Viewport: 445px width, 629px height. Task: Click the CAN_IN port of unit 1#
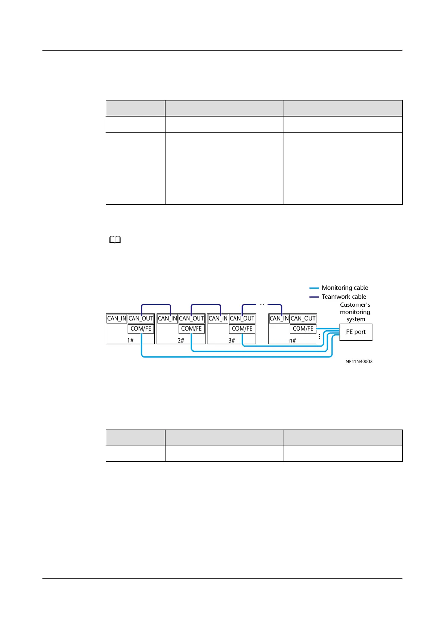tap(117, 319)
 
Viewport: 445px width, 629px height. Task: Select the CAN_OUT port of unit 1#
tap(141, 319)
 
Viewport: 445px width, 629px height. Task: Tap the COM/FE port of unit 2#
tap(191, 329)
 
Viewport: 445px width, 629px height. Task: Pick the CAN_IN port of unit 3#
tap(218, 319)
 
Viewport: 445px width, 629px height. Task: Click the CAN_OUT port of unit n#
tap(303, 319)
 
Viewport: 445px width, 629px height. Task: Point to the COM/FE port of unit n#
tap(303, 329)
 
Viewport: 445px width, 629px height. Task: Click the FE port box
tap(356, 332)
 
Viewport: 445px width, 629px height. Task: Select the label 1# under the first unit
tap(130, 340)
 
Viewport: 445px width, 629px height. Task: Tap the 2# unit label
tap(181, 340)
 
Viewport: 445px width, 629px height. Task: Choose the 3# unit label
tap(231, 340)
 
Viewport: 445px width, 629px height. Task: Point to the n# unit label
tap(293, 340)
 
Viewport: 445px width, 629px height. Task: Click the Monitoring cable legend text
tap(345, 288)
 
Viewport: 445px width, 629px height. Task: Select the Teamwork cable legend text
tap(344, 297)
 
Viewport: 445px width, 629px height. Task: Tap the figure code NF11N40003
tap(359, 362)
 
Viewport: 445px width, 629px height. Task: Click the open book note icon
tap(115, 241)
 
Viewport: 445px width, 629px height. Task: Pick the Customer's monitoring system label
tap(355, 312)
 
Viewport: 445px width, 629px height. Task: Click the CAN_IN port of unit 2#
tap(167, 319)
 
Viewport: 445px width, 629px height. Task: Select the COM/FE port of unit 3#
tap(242, 329)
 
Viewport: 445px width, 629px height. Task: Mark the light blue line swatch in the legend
tap(314, 288)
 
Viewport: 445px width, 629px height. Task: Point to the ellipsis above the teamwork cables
tap(262, 304)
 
